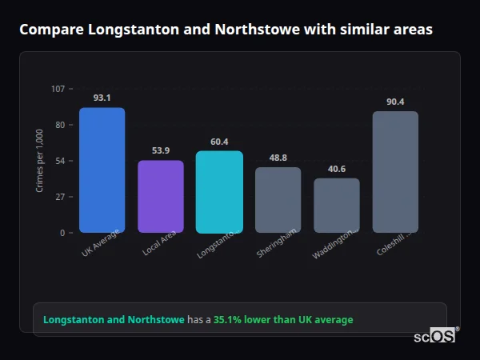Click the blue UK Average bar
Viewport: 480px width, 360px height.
tap(102, 170)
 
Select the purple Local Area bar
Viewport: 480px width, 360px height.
tap(161, 196)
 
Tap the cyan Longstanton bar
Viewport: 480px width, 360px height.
tap(219, 192)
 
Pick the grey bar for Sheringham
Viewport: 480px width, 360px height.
tap(278, 200)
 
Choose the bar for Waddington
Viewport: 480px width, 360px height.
tap(337, 206)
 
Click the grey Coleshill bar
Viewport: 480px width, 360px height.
tap(395, 172)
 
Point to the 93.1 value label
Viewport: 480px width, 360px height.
tap(102, 98)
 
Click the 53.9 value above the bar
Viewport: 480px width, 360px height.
tap(161, 150)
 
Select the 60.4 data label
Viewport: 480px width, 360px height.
tap(219, 142)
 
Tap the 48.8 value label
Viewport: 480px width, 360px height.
tap(278, 158)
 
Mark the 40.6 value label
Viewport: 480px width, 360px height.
tap(337, 169)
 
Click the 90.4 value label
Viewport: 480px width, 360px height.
tap(395, 102)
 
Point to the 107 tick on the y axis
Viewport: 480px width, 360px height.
tap(58, 89)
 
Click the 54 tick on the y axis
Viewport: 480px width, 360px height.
tap(60, 161)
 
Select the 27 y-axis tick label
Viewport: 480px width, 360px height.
tap(60, 197)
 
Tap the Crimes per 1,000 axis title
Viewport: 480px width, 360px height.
tap(39, 161)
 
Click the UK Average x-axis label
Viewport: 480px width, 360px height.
tap(101, 243)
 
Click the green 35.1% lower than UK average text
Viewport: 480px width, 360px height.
tap(282, 320)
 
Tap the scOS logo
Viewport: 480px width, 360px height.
tap(435, 336)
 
